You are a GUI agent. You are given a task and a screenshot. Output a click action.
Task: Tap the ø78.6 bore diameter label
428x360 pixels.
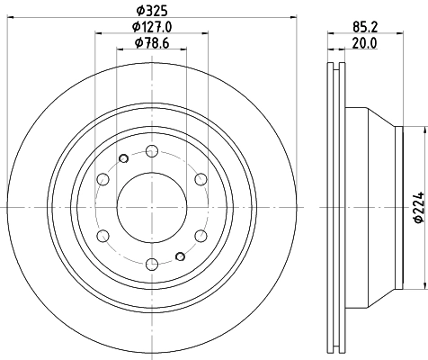151,42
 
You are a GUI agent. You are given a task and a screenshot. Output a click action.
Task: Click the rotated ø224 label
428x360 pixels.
416,208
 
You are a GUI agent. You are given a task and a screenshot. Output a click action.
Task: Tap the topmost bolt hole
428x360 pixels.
151,150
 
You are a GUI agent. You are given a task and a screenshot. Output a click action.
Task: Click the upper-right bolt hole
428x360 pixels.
200,178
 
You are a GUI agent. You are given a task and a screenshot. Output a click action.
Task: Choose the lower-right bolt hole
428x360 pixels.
200,235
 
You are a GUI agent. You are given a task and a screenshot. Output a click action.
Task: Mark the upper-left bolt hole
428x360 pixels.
103,178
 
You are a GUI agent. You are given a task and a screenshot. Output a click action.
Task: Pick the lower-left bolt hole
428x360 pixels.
103,235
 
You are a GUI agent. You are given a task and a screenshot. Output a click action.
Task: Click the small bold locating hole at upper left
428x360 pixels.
121,160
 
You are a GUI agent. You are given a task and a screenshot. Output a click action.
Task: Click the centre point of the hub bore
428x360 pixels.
151,207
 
